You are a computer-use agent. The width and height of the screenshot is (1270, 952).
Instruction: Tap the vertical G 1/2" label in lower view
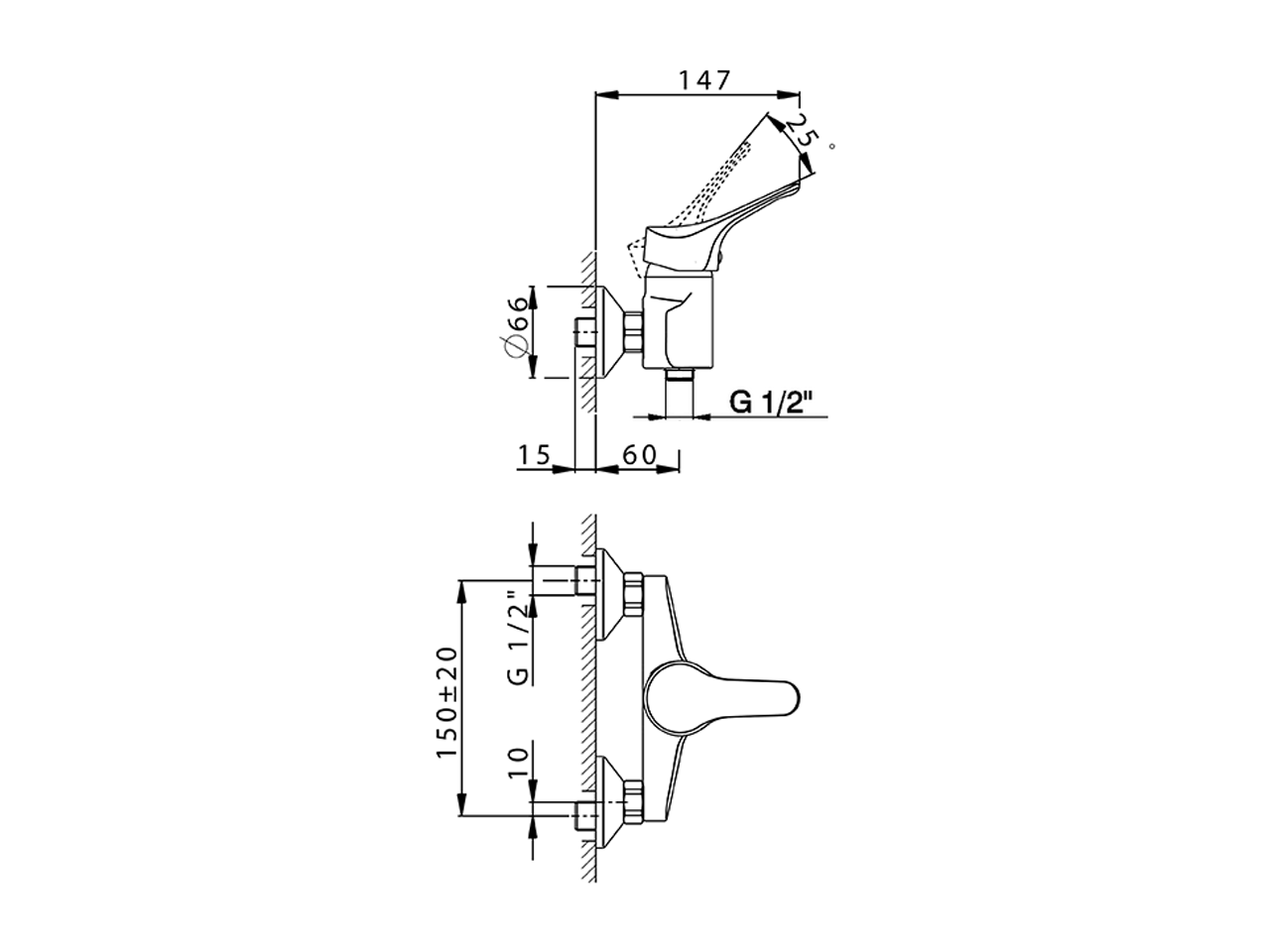(515, 638)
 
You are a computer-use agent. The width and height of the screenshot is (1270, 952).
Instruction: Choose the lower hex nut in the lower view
(632, 800)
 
